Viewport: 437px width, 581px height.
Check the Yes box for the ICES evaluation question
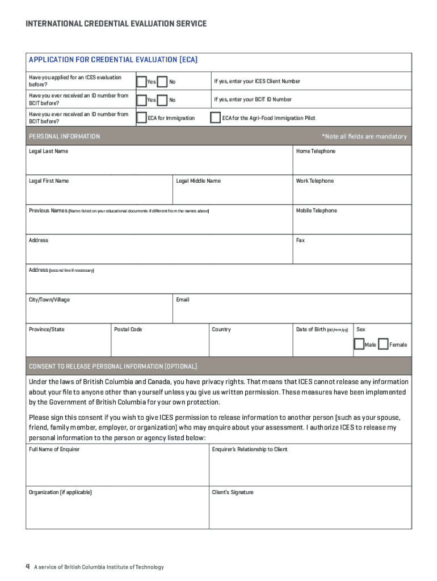141,82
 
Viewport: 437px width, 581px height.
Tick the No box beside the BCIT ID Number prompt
162,100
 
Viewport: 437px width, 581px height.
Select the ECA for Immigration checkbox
141,118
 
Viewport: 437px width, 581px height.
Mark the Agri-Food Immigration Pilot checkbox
215,118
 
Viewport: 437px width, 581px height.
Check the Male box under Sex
359,344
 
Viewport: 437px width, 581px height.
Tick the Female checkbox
383,344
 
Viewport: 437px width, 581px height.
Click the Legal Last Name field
159,163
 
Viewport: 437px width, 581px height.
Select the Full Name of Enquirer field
117,469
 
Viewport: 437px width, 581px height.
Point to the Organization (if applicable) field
117,511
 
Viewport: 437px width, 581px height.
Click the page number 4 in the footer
27,567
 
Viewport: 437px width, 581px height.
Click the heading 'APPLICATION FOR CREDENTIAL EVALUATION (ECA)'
113,60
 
